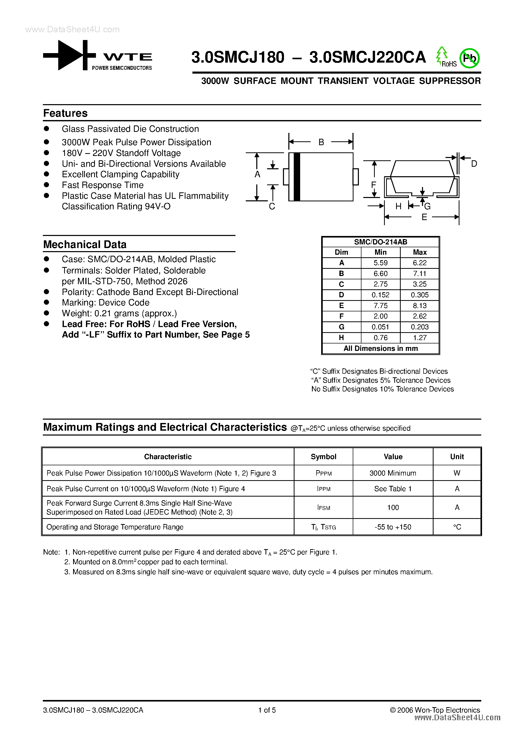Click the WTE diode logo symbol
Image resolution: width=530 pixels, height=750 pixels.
[69, 55]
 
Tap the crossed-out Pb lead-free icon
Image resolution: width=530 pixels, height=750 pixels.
[469, 58]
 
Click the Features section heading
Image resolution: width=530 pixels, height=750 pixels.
[65, 113]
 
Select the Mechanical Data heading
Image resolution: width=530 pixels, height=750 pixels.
[85, 244]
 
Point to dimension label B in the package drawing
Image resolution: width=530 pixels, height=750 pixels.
[321, 142]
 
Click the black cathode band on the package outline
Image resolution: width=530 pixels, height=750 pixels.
[297, 176]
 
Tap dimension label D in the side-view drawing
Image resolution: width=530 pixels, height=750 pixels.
[474, 164]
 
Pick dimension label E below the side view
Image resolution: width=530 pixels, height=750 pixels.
[424, 217]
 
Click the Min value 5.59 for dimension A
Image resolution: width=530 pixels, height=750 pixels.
[380, 263]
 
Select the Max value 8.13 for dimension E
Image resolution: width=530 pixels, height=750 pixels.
[419, 306]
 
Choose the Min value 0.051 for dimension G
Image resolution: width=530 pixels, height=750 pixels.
[380, 327]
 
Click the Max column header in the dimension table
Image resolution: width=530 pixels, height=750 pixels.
[419, 252]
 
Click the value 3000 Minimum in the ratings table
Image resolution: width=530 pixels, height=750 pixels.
[393, 473]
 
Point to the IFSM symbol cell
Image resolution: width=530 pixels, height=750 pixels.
[323, 508]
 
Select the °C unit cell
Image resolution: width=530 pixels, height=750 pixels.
[457, 527]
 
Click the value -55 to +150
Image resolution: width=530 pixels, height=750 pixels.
[393, 527]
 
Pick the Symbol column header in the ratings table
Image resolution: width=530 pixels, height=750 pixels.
[323, 457]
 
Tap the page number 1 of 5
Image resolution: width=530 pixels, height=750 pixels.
[267, 710]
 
